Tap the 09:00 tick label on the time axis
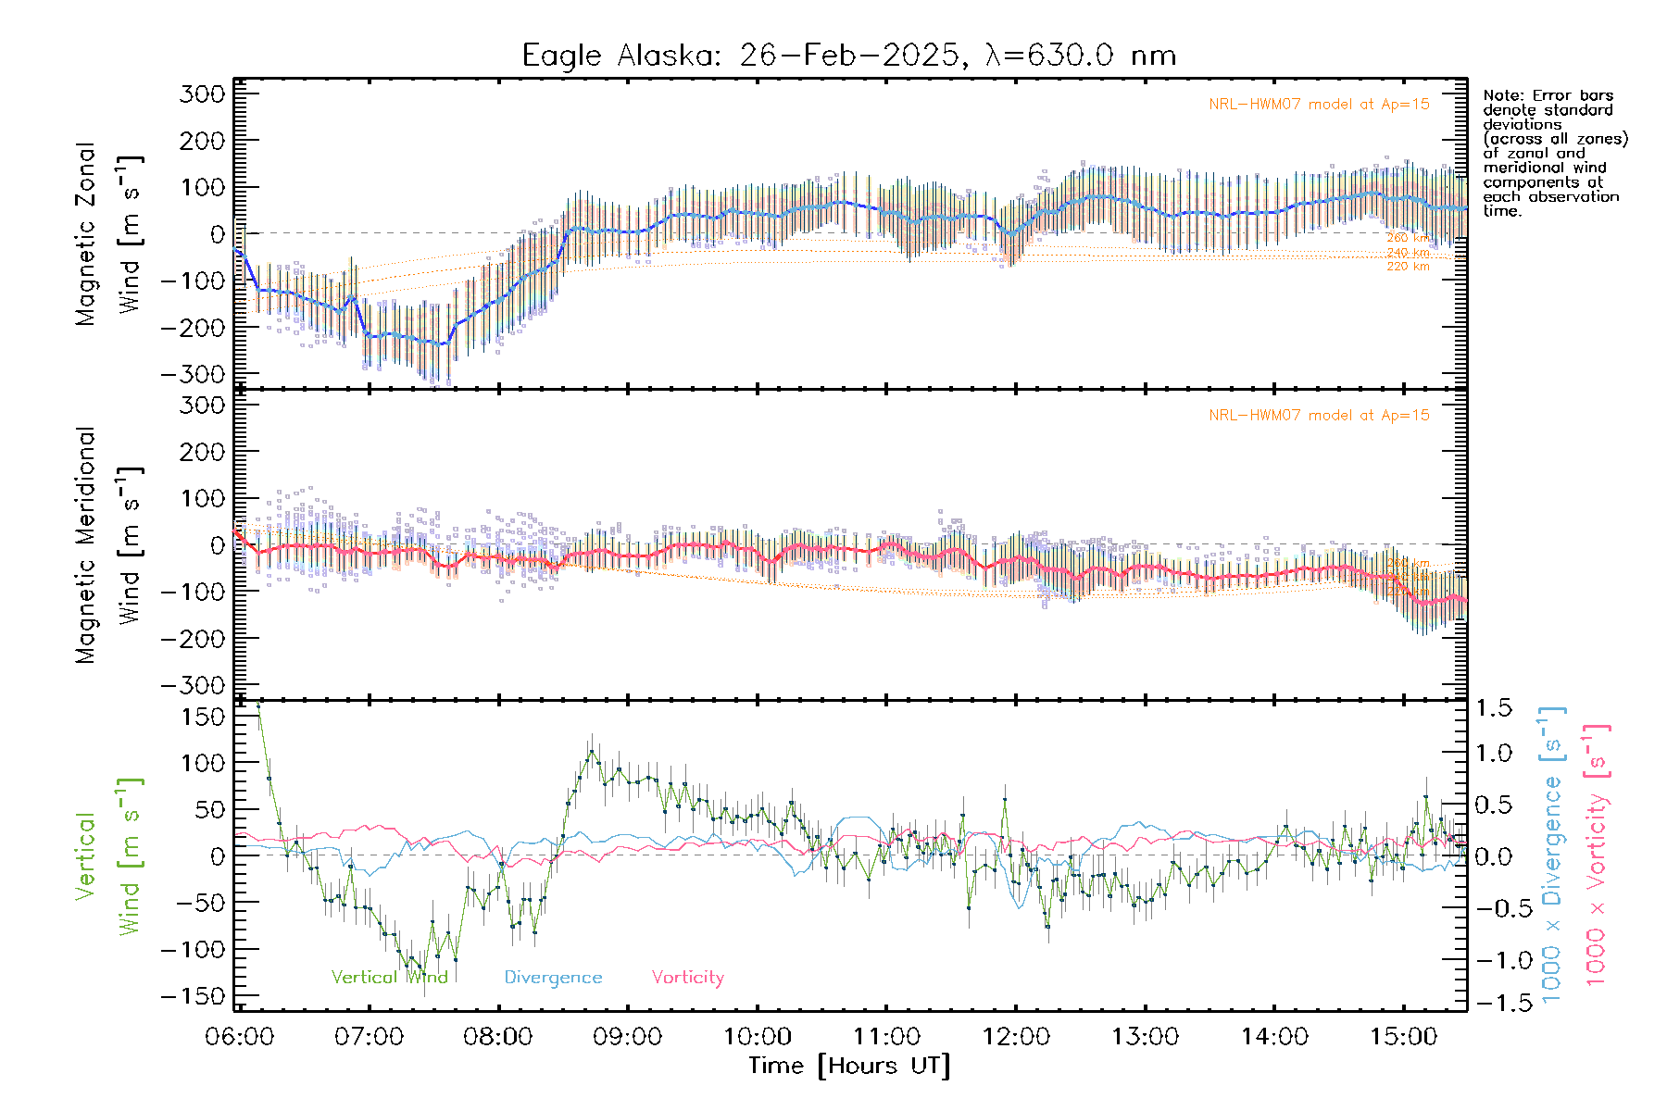point(628,1036)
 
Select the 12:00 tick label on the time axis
point(1016,1036)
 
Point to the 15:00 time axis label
point(1404,1036)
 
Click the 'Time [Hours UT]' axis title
point(849,1066)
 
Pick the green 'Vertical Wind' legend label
point(389,977)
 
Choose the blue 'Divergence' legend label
point(553,977)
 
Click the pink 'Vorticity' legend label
point(687,977)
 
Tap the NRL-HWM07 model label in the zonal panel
point(1319,104)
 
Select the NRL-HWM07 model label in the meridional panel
point(1319,415)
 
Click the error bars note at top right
point(1554,153)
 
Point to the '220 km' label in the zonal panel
point(1408,267)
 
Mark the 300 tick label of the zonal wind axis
point(203,94)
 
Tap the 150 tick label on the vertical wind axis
point(203,717)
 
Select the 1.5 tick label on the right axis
point(1494,708)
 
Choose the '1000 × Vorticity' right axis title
point(1597,854)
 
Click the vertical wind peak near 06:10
point(258,705)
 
